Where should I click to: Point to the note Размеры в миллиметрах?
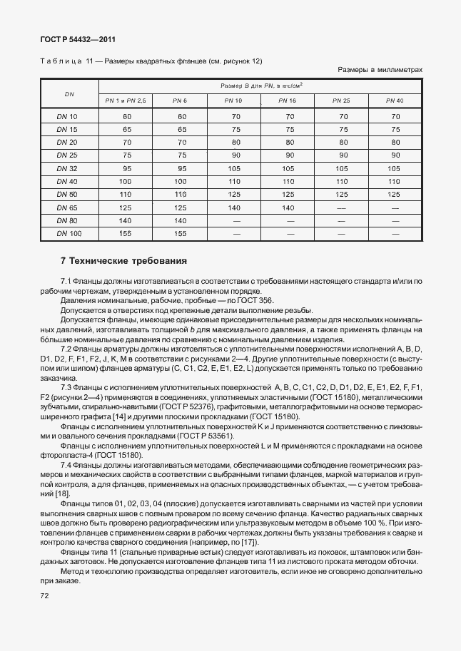coord(380,70)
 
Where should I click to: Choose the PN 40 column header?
coord(394,101)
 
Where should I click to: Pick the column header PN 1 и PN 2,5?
coord(126,101)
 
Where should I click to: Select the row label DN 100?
coord(69,233)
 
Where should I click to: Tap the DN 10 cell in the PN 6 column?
coord(181,116)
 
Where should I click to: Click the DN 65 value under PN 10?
coord(235,207)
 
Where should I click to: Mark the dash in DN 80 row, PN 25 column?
coord(341,220)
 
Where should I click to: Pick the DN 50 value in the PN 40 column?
coord(394,194)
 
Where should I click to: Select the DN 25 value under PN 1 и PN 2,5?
coord(127,155)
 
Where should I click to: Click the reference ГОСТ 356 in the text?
coord(235,300)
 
